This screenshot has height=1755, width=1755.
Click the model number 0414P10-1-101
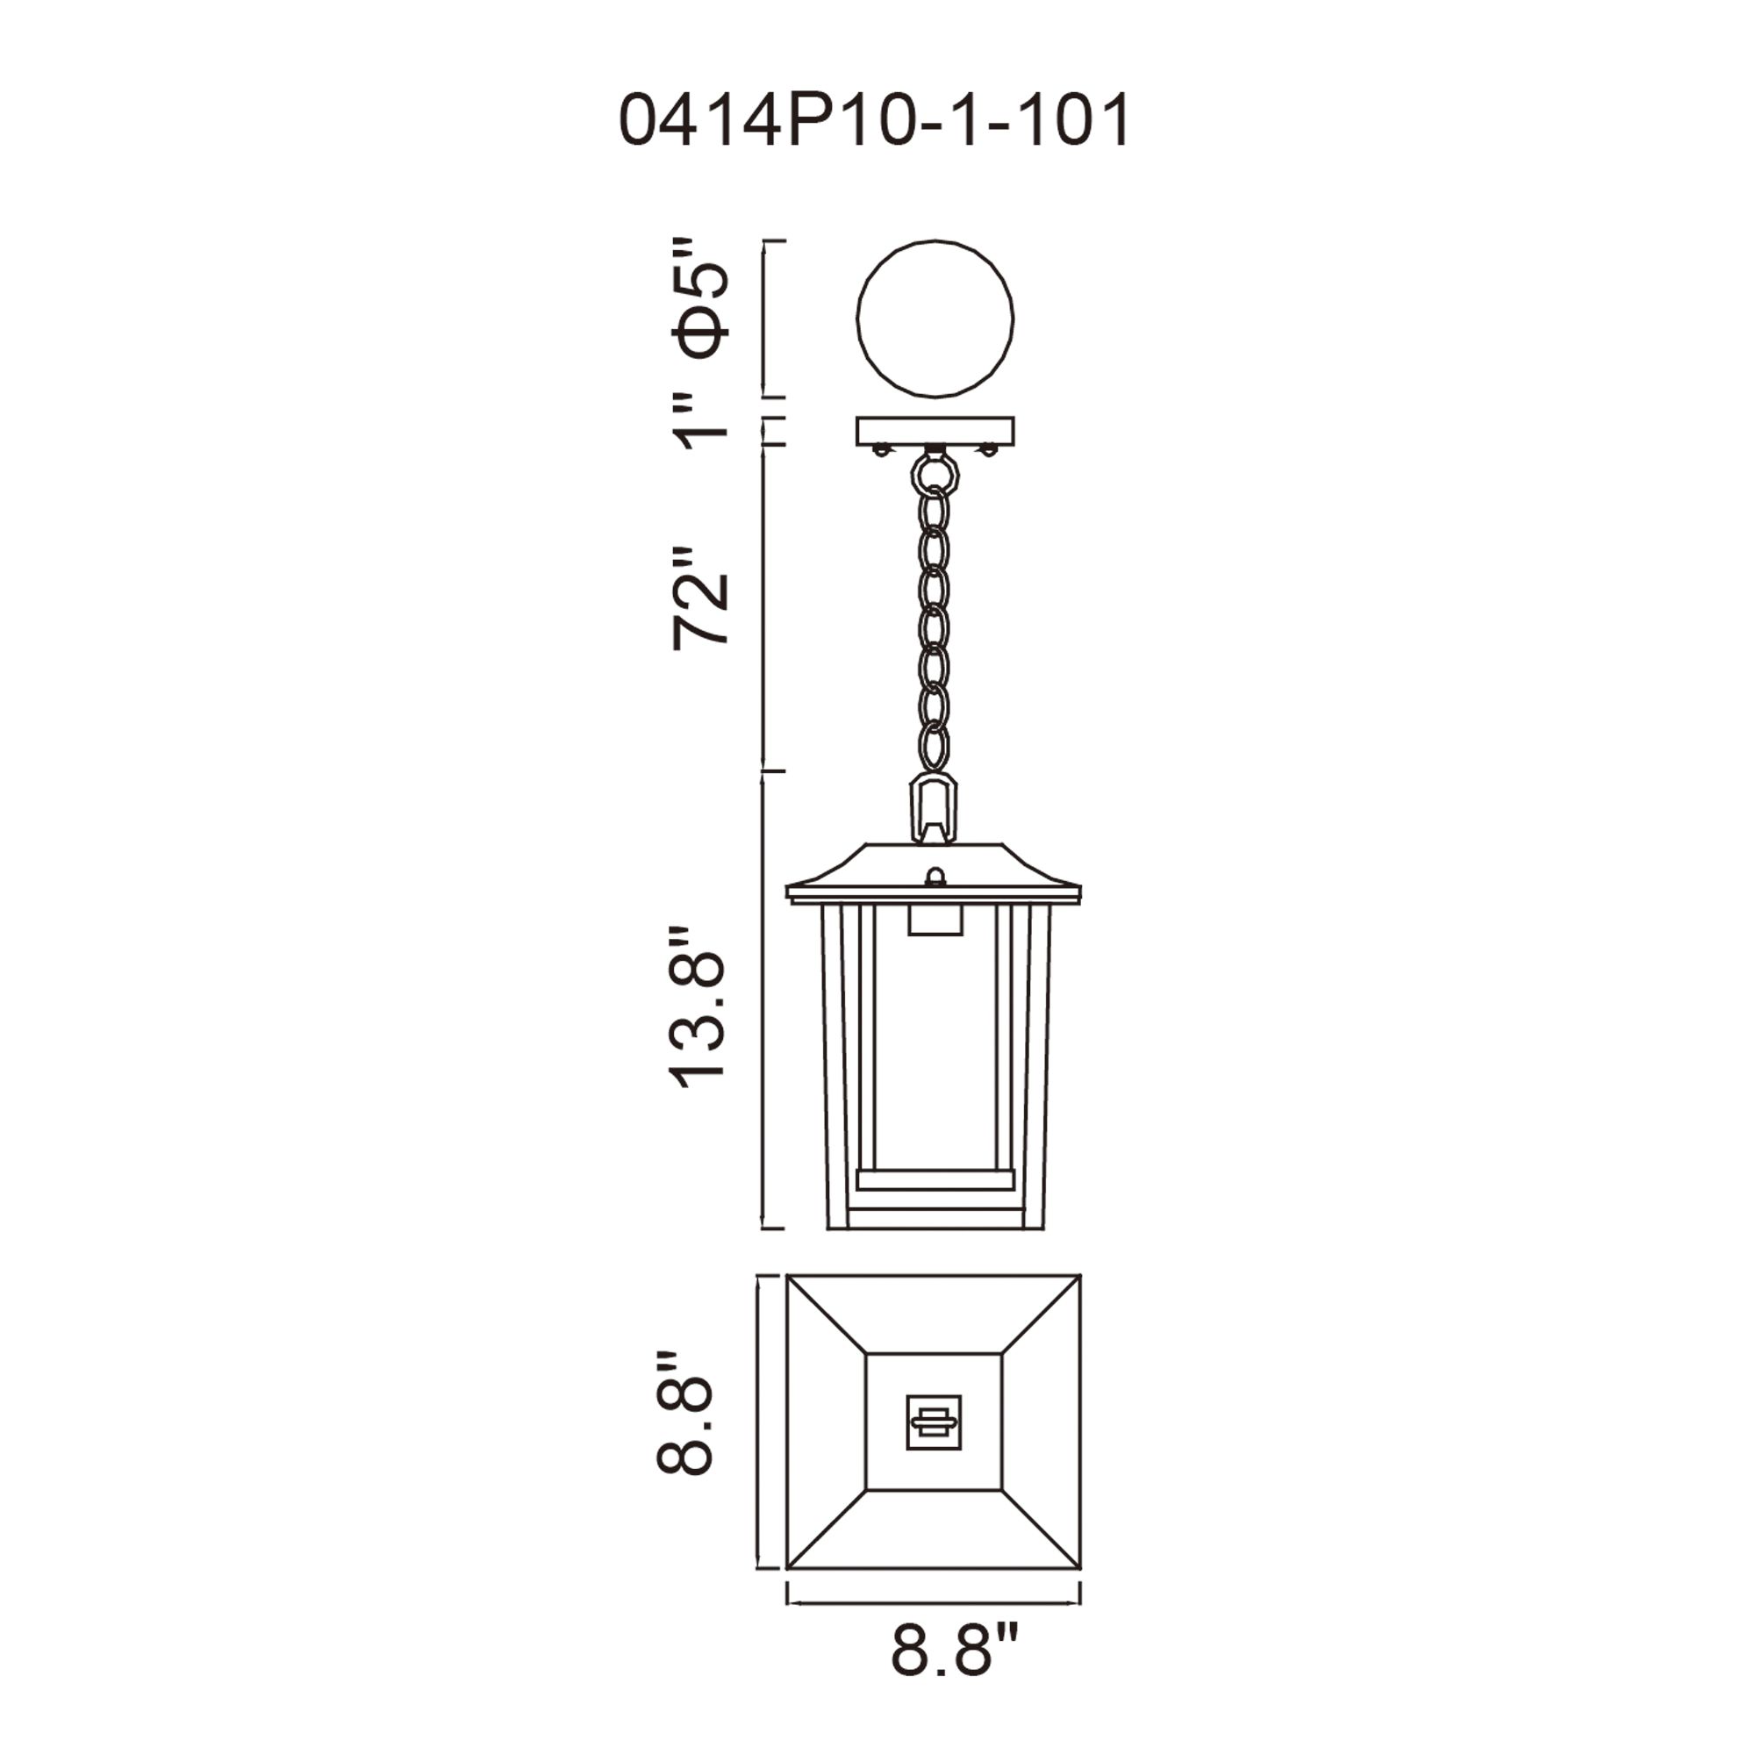(875, 120)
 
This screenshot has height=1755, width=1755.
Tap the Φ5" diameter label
(701, 300)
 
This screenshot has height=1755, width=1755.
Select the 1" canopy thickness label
(701, 421)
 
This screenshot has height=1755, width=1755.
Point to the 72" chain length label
(701, 598)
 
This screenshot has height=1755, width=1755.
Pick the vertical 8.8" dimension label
(686, 1424)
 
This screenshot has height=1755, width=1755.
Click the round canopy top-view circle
(935, 319)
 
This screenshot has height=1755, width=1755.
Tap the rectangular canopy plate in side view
(935, 431)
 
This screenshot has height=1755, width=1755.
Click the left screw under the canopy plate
(879, 449)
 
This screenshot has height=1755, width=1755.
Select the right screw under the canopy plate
(989, 449)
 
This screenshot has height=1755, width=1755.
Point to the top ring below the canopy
(935, 472)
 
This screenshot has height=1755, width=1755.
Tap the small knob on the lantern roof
(935, 877)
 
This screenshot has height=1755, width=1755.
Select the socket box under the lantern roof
(935, 920)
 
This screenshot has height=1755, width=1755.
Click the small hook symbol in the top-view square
(934, 1422)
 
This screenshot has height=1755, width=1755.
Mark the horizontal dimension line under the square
(934, 1604)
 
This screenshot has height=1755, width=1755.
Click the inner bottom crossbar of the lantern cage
(935, 1180)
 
